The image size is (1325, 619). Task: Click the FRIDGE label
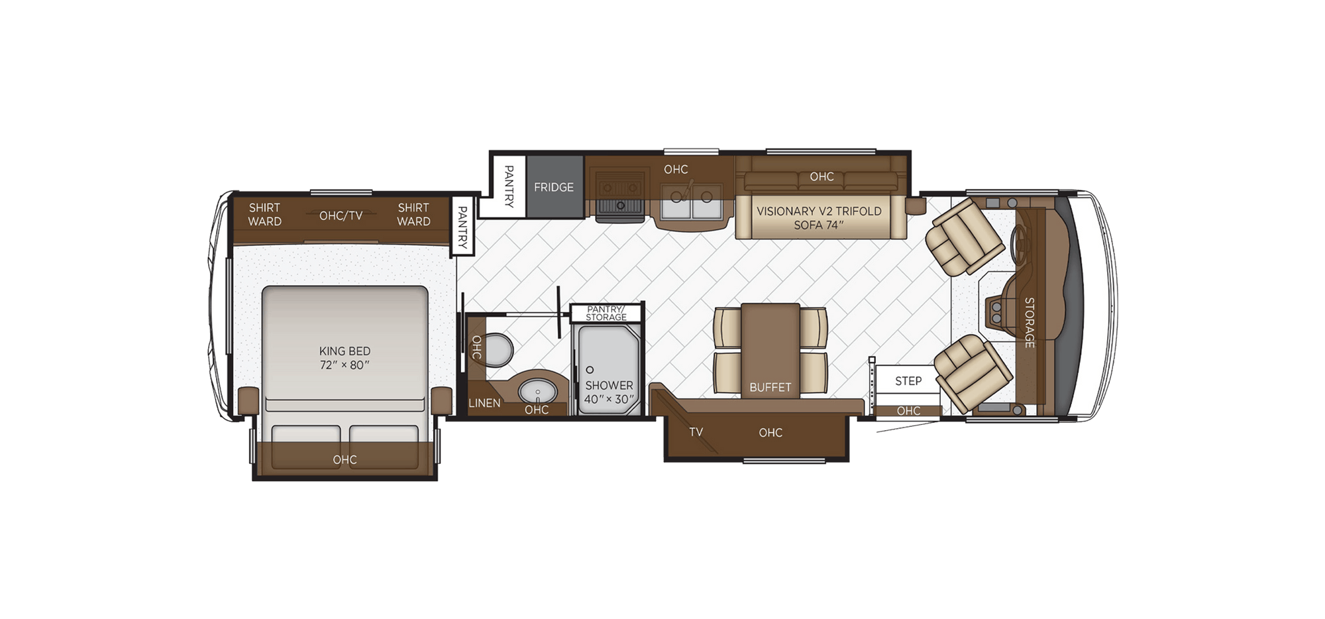click(x=554, y=188)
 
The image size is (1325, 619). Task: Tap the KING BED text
click(x=344, y=351)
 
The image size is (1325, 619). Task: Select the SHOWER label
click(x=609, y=385)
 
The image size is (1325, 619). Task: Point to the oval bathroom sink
click(x=537, y=392)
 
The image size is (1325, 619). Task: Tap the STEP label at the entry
click(x=908, y=381)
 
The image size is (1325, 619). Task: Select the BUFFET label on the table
click(x=770, y=387)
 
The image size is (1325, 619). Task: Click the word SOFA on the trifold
click(x=807, y=225)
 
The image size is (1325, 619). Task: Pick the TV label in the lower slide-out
click(x=696, y=432)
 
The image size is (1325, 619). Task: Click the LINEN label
click(x=484, y=403)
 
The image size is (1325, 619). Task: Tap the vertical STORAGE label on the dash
click(x=1029, y=322)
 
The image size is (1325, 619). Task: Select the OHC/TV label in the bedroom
click(x=341, y=216)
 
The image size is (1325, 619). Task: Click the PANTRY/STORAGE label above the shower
click(x=606, y=313)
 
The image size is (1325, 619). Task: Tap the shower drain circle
click(x=590, y=370)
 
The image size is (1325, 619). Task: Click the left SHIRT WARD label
click(x=264, y=215)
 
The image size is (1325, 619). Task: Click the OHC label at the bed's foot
click(x=344, y=460)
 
